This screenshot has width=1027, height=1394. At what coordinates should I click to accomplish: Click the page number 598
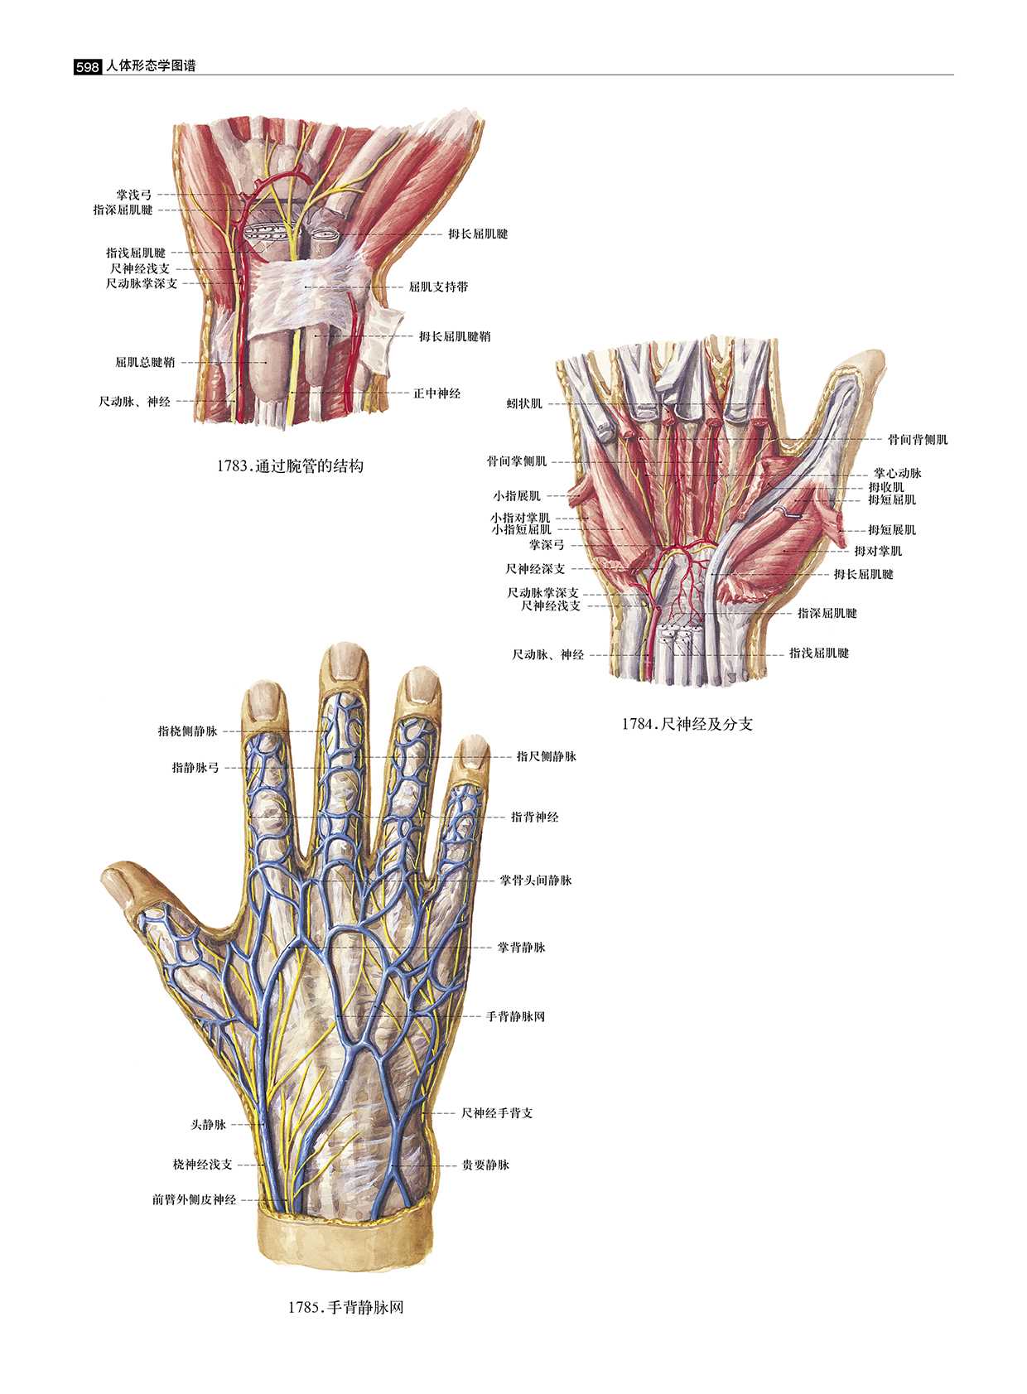[x=87, y=67]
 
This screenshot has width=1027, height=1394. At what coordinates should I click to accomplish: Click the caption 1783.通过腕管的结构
[x=290, y=466]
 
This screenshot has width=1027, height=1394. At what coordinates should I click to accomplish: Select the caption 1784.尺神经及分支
[x=687, y=724]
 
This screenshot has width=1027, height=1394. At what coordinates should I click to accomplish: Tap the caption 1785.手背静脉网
[x=345, y=1308]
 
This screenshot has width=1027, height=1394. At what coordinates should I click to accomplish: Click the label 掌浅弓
[x=133, y=195]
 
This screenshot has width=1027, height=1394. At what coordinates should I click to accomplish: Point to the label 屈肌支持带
[x=438, y=287]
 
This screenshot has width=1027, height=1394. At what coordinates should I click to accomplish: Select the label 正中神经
[x=436, y=393]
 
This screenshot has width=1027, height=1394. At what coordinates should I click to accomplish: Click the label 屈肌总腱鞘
[x=145, y=362]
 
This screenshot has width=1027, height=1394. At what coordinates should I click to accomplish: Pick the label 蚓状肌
[x=524, y=403]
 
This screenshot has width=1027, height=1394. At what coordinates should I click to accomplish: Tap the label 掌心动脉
[x=897, y=473]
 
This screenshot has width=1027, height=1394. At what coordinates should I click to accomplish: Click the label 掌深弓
[x=547, y=545]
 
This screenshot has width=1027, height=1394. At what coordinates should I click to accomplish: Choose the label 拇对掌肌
[x=878, y=551]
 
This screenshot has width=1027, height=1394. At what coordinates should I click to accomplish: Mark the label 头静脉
[x=208, y=1124]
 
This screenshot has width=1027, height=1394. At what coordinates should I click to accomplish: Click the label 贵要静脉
[x=485, y=1165]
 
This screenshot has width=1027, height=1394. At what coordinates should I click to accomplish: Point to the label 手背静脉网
[x=515, y=1016]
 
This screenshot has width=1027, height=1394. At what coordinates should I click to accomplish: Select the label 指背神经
[x=534, y=817]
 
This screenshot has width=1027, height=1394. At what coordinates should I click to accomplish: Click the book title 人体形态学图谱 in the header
[x=152, y=66]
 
